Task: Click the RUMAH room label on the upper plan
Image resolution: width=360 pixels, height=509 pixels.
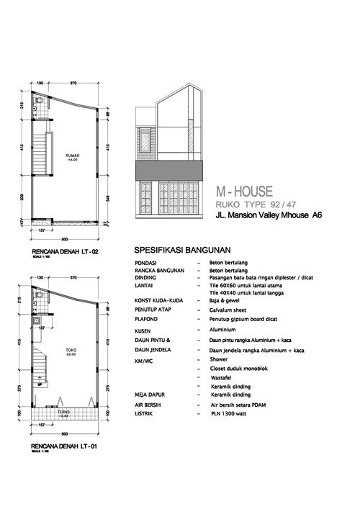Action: pyautogui.click(x=72, y=156)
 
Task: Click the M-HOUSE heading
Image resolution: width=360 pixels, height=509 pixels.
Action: pyautogui.click(x=245, y=192)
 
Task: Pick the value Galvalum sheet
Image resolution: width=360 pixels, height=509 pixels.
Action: pyautogui.click(x=227, y=310)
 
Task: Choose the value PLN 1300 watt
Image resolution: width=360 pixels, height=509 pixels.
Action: pyautogui.click(x=228, y=415)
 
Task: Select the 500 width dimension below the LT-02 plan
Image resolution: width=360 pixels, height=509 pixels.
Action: pyautogui.click(x=64, y=238)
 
